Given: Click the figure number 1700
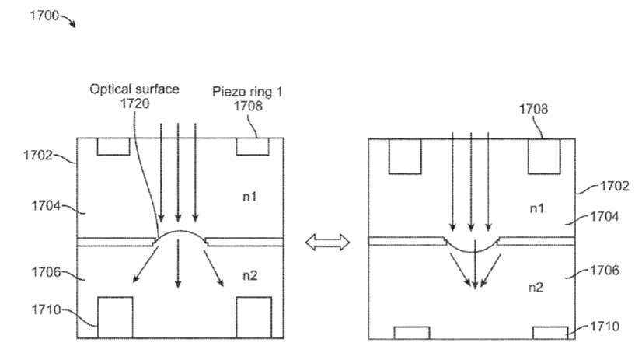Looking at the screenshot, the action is (x=44, y=16).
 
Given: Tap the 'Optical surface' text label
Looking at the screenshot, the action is (x=134, y=89).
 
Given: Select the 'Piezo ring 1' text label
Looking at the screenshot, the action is (x=247, y=92).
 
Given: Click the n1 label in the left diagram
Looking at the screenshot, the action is (x=249, y=197).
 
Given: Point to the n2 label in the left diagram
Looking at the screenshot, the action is (x=249, y=275).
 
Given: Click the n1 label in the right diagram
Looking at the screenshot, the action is (x=537, y=208).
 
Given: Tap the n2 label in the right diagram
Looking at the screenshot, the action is (x=536, y=288).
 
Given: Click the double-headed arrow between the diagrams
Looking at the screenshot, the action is (x=328, y=242).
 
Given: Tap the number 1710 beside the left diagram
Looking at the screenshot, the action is (x=46, y=309).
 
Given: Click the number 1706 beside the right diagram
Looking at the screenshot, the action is (x=605, y=270).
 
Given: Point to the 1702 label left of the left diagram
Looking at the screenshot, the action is (x=37, y=155).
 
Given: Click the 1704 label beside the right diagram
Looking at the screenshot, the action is (x=605, y=217).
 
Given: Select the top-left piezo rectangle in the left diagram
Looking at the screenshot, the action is (x=113, y=147).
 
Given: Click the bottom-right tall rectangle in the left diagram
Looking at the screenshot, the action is (x=254, y=317).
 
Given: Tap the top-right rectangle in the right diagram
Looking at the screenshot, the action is (x=544, y=156).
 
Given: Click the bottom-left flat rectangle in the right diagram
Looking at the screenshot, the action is (x=412, y=333).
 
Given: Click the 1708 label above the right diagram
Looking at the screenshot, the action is (x=533, y=109).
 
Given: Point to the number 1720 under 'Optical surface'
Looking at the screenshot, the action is (x=135, y=103).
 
